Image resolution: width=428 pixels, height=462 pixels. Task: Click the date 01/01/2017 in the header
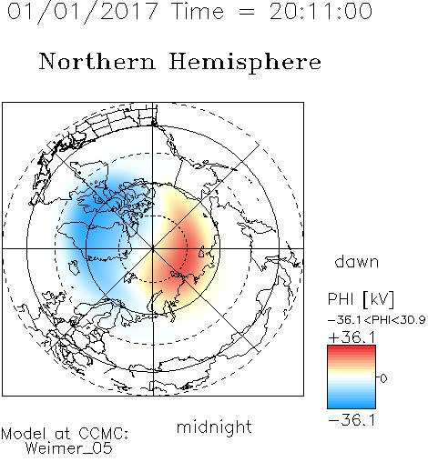[82, 12]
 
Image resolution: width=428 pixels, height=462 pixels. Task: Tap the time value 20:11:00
[321, 11]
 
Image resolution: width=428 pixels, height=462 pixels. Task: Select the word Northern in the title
[97, 62]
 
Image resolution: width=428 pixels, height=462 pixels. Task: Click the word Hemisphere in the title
[245, 63]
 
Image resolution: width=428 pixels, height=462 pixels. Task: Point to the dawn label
[357, 261]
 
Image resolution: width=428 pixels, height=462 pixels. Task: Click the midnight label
[214, 427]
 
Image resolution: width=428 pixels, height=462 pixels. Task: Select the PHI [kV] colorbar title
[361, 300]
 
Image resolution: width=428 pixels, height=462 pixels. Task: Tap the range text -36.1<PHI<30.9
[377, 320]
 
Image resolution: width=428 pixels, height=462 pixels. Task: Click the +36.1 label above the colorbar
[352, 337]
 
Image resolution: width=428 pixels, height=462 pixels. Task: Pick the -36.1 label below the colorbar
[352, 420]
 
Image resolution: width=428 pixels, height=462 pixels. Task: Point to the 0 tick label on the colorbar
[383, 378]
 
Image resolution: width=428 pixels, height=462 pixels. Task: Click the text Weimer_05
[69, 448]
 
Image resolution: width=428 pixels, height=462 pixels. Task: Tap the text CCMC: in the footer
[104, 434]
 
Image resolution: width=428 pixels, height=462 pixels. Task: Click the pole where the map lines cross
[153, 249]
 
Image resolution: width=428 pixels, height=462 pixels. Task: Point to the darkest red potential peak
[185, 253]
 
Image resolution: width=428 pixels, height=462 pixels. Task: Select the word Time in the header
[198, 11]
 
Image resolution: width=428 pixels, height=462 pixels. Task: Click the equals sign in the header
[247, 12]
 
